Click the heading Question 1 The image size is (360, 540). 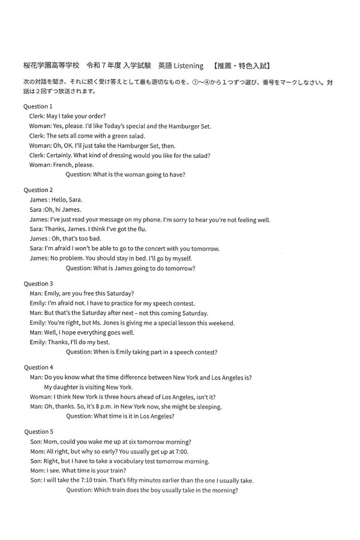tap(38, 106)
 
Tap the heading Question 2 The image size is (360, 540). tap(38, 190)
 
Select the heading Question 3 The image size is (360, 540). tap(38, 283)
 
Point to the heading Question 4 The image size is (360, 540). tap(38, 367)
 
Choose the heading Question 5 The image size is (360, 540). tap(38, 431)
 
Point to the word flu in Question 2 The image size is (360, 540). tap(141, 229)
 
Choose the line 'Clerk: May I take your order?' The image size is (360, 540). tap(68, 116)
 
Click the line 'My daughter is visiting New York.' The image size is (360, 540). tap(88, 387)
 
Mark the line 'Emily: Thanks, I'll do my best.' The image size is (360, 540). tap(69, 342)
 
